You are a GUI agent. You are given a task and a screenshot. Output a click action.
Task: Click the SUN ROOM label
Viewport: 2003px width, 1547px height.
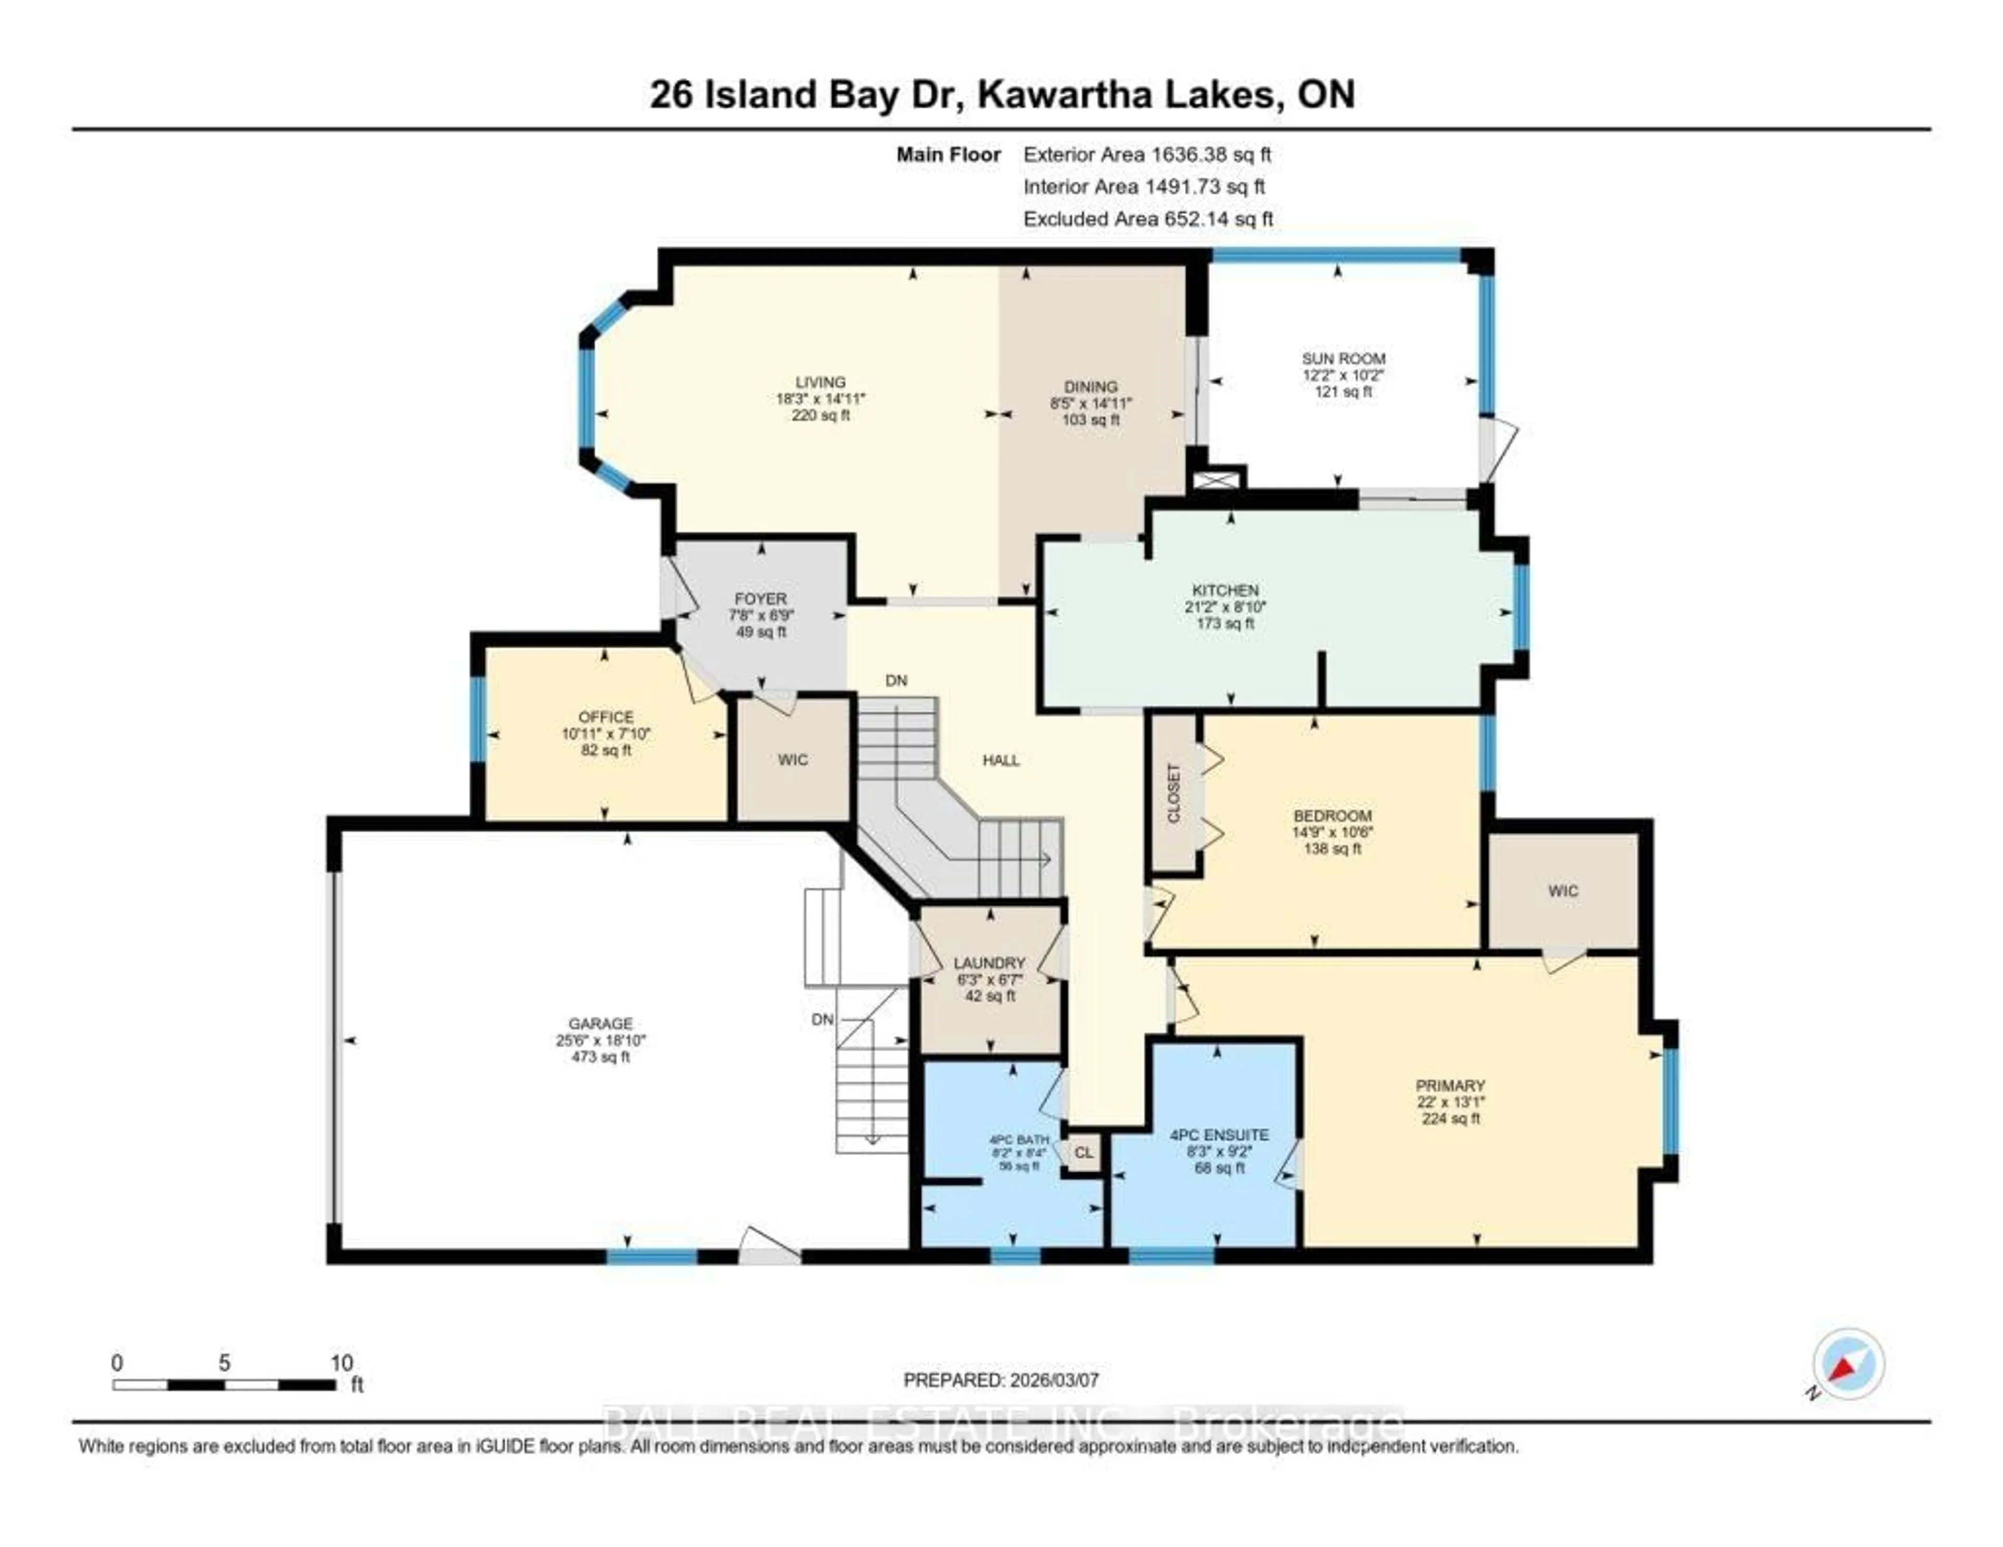(1344, 358)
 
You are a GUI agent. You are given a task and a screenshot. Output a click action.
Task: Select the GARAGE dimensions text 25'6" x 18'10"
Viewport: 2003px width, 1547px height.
(601, 1040)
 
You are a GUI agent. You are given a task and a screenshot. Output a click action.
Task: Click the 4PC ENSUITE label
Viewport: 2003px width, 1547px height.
(1219, 1134)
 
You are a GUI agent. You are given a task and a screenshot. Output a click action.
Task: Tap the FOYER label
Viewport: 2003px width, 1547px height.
(761, 599)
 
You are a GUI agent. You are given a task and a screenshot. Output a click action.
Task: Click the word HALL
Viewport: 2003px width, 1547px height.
(1000, 760)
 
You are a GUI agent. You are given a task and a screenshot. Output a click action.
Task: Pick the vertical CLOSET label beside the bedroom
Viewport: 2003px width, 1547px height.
(1174, 793)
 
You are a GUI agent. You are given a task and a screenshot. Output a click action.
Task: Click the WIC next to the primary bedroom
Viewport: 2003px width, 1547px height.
(1563, 890)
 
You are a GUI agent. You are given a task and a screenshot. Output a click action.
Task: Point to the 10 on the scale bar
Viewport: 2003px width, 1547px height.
(341, 1363)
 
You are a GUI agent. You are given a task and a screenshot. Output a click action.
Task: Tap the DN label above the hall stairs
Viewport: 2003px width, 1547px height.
(896, 681)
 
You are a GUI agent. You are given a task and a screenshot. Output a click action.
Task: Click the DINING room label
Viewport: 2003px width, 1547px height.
(1091, 387)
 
